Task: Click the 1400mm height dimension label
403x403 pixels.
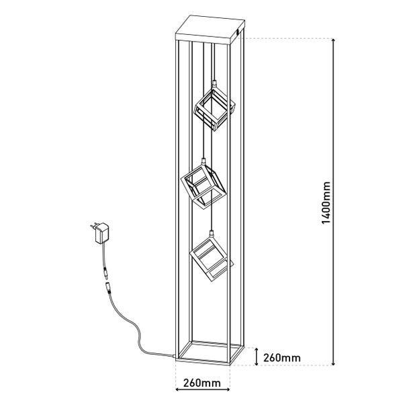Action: click(326, 203)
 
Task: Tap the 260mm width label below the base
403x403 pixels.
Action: click(202, 383)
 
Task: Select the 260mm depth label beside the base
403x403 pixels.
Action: click(282, 358)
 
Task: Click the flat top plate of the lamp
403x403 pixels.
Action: click(210, 30)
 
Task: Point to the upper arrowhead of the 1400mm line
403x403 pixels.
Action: click(333, 40)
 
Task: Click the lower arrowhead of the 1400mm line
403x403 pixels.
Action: click(333, 363)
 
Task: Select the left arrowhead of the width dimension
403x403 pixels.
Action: click(177, 396)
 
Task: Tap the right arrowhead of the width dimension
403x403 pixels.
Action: click(228, 396)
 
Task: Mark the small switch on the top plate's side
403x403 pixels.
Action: click(238, 34)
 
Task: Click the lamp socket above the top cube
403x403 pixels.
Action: click(214, 84)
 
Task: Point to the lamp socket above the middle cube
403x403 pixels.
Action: click(204, 161)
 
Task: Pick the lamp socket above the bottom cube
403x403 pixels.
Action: click(212, 233)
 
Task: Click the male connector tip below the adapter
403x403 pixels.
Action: click(105, 273)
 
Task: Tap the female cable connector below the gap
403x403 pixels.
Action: click(108, 288)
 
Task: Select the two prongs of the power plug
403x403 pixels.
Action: click(94, 225)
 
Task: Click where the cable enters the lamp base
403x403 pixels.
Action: click(175, 356)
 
